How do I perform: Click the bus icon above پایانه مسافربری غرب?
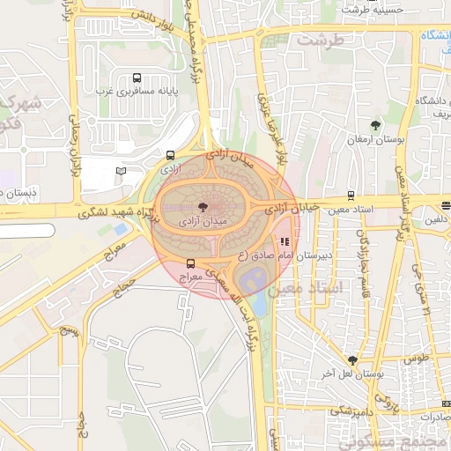135,78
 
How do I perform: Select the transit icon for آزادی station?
169,154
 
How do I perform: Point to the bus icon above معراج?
191,263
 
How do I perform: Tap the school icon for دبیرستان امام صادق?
284,241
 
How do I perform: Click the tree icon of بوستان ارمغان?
376,125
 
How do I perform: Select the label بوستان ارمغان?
376,139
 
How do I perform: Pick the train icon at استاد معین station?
351,196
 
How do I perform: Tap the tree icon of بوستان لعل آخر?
353,360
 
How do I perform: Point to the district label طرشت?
317,41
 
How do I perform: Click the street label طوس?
417,359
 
